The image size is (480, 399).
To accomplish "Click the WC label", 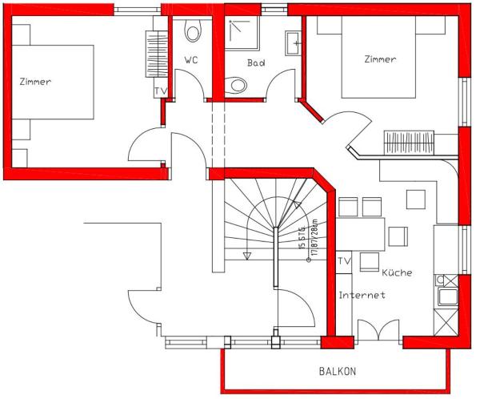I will (191, 60).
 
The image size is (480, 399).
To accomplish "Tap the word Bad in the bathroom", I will (256, 62).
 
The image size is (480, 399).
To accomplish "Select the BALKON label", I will (337, 372).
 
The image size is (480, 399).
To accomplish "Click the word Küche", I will (397, 272).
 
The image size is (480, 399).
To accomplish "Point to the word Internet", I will (362, 296).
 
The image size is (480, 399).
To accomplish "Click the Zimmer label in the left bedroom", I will (36, 81).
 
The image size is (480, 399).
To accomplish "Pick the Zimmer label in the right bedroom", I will (380, 59).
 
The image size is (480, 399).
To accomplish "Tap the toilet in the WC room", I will (193, 32).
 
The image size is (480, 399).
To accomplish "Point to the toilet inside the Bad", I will (238, 84).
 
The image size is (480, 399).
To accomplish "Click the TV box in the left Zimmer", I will (160, 91).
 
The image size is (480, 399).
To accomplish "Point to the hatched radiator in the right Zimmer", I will (409, 142).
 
